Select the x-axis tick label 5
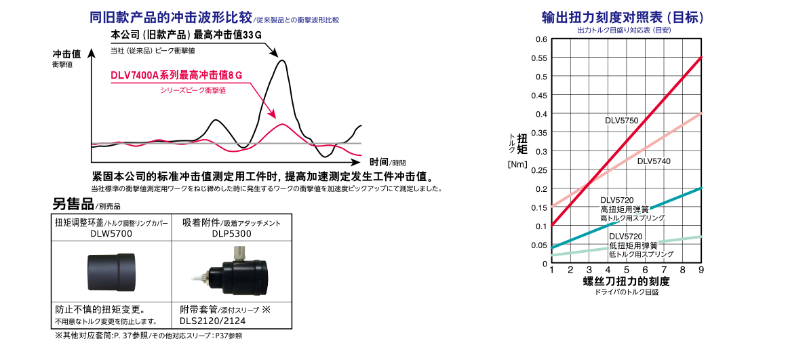pyautogui.click(x=626, y=271)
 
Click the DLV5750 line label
pyautogui.click(x=621, y=120)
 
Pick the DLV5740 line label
pyautogui.click(x=654, y=161)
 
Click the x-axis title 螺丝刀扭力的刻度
pyautogui.click(x=626, y=281)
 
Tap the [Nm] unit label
pyautogui.click(x=517, y=164)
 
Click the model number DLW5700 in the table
pyautogui.click(x=111, y=235)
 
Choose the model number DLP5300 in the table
pyautogui.click(x=231, y=235)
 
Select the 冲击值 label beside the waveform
pyautogui.click(x=67, y=53)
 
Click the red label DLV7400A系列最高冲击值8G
pyautogui.click(x=176, y=76)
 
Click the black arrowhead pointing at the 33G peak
pyautogui.click(x=273, y=54)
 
